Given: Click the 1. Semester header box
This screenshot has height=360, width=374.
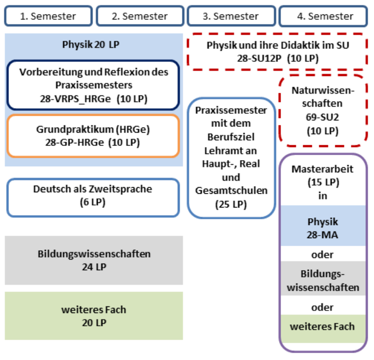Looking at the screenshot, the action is [x=48, y=16].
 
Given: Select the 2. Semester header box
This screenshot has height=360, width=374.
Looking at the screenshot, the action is [x=140, y=16].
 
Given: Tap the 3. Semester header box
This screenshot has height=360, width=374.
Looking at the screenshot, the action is [x=231, y=16].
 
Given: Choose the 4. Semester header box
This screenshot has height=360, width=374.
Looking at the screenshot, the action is [x=323, y=16].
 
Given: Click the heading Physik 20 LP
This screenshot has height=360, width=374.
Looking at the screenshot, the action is [x=91, y=45].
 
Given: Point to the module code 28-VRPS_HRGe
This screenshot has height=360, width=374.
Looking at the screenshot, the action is [x=75, y=99].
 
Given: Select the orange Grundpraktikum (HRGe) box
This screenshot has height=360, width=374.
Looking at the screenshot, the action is [x=93, y=136].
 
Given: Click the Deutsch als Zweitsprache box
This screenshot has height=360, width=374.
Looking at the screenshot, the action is [x=93, y=198].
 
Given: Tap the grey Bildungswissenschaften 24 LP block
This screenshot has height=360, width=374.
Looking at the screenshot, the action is [x=94, y=260].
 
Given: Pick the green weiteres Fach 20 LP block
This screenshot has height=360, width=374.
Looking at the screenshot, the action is [x=94, y=316].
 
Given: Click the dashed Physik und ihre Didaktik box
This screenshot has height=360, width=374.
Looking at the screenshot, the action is [x=277, y=52].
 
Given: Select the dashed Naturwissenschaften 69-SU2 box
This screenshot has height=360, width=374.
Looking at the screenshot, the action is [x=323, y=110].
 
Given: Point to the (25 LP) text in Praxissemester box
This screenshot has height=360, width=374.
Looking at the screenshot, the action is [x=231, y=204].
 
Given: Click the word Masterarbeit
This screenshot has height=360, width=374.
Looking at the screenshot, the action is [x=323, y=169].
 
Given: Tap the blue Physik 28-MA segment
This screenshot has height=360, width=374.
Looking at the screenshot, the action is [x=323, y=225].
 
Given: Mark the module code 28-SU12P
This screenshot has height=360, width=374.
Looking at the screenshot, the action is [x=259, y=59].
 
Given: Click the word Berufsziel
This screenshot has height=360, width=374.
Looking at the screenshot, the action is [x=231, y=137].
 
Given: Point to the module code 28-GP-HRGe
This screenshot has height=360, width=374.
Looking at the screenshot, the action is [x=75, y=142].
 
